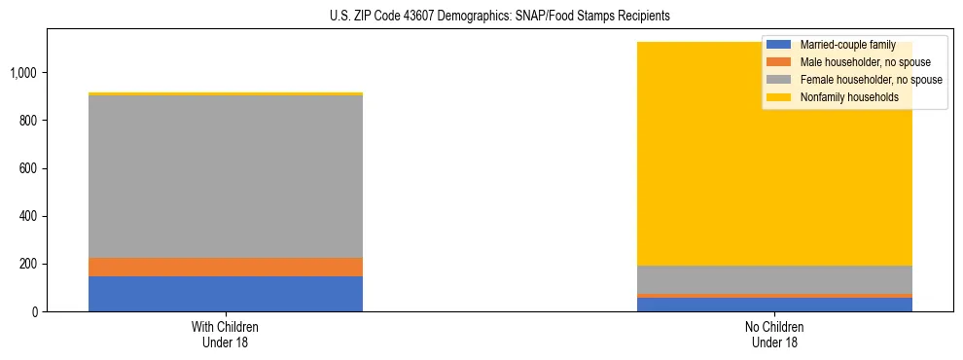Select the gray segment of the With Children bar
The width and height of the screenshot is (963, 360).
pos(225,176)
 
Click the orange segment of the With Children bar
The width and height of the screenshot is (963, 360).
pos(225,267)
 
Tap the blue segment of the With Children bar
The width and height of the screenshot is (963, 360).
pos(225,294)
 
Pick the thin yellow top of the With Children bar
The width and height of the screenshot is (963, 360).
pos(225,93)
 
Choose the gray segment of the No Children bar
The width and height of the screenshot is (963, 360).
pos(774,279)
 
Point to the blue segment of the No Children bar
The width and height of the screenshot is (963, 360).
pos(774,305)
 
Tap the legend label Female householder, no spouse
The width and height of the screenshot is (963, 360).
pos(871,80)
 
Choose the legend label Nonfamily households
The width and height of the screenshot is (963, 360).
pos(849,97)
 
